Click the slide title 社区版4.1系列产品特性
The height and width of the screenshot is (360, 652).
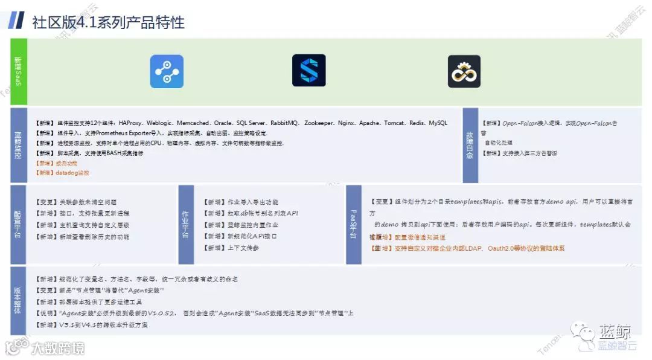tap(108, 22)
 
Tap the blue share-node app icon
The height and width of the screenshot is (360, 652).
tap(167, 71)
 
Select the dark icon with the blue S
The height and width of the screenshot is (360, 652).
tap(308, 71)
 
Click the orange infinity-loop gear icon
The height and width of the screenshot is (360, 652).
tap(464, 71)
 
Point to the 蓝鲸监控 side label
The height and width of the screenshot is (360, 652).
tap(18, 145)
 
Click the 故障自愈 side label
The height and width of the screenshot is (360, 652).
tap(470, 145)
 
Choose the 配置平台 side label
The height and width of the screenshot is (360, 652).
tap(18, 224)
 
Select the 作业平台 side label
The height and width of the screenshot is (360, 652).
tap(186, 224)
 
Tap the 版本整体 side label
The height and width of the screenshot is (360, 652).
tap(18, 301)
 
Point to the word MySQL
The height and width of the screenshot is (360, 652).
tap(438, 123)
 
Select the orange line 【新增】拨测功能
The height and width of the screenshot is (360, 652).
tap(57, 163)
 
